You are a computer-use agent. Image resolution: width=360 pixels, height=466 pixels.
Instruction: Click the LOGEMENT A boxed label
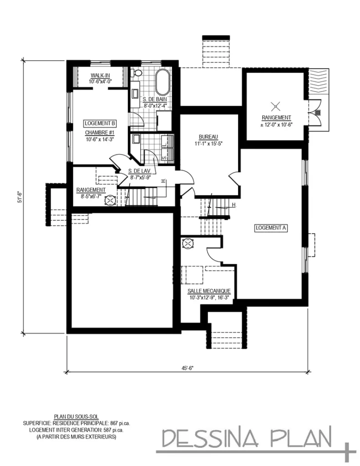click(271, 228)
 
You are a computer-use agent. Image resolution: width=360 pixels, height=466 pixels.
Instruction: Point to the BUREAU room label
click(209, 137)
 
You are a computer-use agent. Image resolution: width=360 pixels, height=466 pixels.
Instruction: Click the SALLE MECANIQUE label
click(209, 291)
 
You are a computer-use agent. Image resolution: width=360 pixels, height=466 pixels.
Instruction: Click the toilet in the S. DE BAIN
click(137, 73)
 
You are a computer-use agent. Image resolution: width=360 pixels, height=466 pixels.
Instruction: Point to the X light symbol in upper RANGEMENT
click(274, 107)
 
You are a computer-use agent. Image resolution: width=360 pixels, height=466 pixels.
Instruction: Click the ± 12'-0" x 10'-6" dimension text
click(276, 124)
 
